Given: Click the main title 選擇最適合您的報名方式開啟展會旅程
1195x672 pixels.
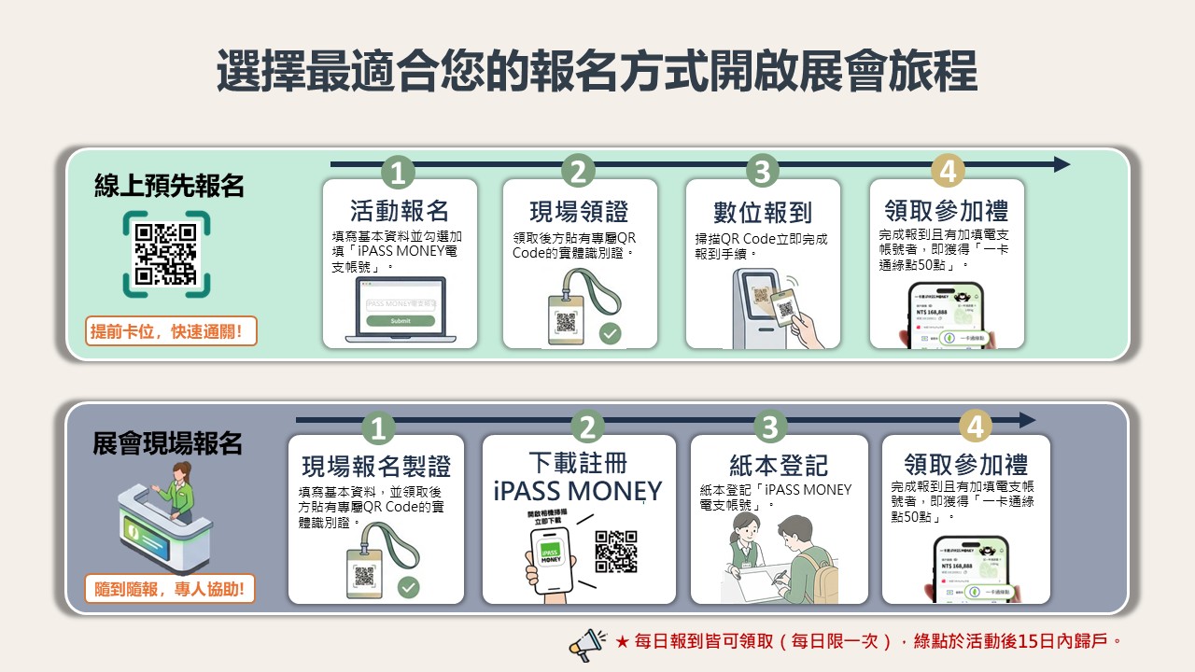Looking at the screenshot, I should [597, 72].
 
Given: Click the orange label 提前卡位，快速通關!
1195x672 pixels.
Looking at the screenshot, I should [171, 331].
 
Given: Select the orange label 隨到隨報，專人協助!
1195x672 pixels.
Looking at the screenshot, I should [170, 590].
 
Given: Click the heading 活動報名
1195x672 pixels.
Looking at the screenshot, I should [400, 210].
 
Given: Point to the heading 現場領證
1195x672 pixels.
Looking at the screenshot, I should [580, 210].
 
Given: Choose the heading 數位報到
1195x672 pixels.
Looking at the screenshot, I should [763, 212].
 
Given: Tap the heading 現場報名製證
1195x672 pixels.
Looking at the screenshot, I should [375, 466].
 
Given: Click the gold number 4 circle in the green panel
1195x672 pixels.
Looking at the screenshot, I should [948, 173].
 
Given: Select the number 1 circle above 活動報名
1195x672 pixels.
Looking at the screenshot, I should [399, 173].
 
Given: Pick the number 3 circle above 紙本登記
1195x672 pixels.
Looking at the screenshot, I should [769, 427].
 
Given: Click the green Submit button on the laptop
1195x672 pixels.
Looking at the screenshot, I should [400, 320].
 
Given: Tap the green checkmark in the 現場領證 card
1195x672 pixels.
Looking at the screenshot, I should [610, 333].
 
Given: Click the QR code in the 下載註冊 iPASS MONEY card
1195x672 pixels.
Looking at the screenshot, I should [616, 552].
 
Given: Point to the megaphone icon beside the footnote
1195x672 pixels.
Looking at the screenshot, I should [587, 643].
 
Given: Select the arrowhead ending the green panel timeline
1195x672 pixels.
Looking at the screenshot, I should [1061, 164].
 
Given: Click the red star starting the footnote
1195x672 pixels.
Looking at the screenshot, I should [622, 642].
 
